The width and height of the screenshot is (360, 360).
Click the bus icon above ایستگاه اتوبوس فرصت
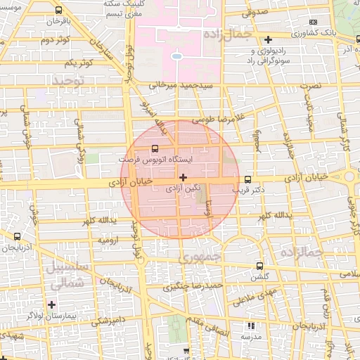pos(155,149)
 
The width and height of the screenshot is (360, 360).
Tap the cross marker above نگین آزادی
pos(184,178)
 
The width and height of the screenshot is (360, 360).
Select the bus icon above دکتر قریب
pos(247,179)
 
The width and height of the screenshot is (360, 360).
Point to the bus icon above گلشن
pos(260,266)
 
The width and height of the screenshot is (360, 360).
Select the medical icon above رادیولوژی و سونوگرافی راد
pos(268,39)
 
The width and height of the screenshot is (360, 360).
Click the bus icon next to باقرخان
pos(57,11)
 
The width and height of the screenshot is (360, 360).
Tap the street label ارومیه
pos(110,240)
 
